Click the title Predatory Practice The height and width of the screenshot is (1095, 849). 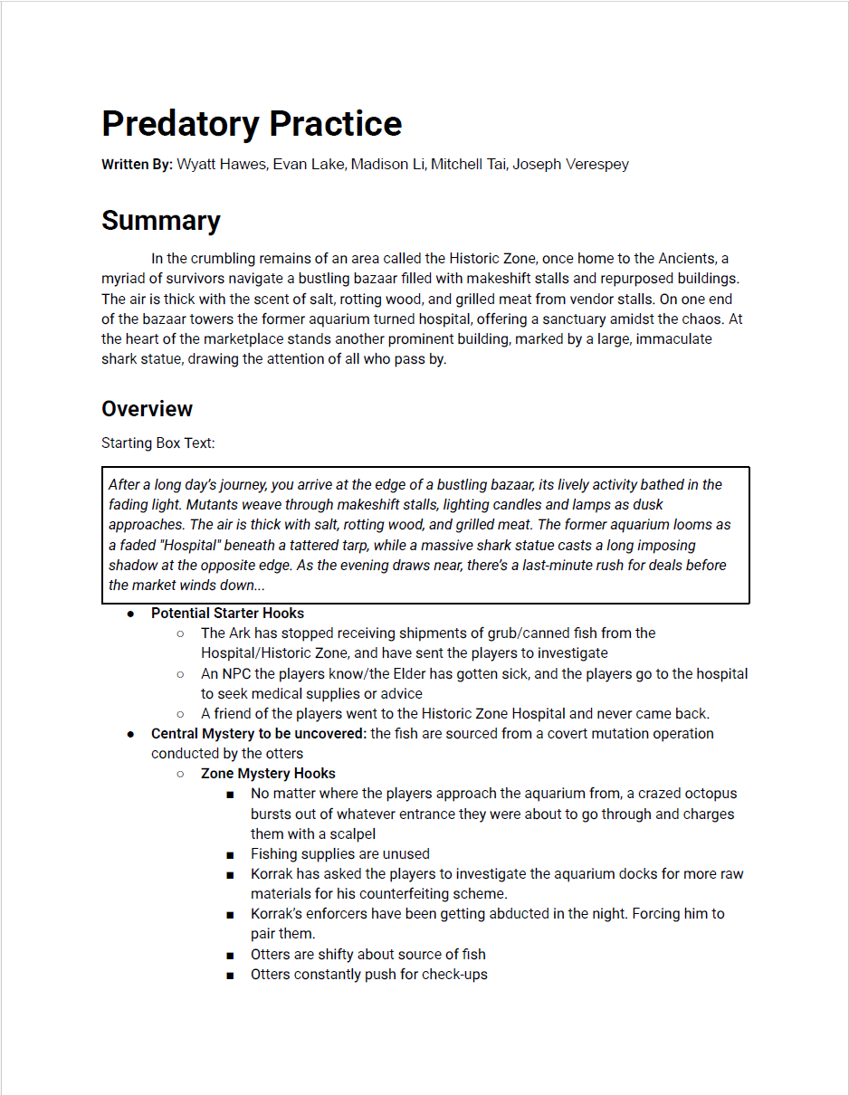pyautogui.click(x=252, y=124)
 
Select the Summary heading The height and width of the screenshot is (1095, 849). pyautogui.click(x=161, y=221)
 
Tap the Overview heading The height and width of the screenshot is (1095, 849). pyautogui.click(x=147, y=409)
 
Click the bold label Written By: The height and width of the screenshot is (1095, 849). pyautogui.click(x=137, y=165)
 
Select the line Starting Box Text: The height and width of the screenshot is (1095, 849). pyautogui.click(x=157, y=443)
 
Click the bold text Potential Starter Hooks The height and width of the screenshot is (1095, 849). pyautogui.click(x=227, y=614)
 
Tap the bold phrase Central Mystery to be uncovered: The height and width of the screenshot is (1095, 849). pyautogui.click(x=259, y=734)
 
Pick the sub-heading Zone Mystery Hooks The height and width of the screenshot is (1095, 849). pyautogui.click(x=268, y=774)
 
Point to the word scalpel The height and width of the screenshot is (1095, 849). pyautogui.click(x=350, y=834)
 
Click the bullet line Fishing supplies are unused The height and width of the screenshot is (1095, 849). pyautogui.click(x=340, y=854)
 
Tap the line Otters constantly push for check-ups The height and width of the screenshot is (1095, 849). pyautogui.click(x=369, y=975)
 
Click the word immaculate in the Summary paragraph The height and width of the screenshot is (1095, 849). pyautogui.click(x=669, y=339)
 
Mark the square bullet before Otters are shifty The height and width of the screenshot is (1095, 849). pyautogui.click(x=231, y=955)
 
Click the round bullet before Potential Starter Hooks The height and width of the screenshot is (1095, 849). pyautogui.click(x=131, y=614)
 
